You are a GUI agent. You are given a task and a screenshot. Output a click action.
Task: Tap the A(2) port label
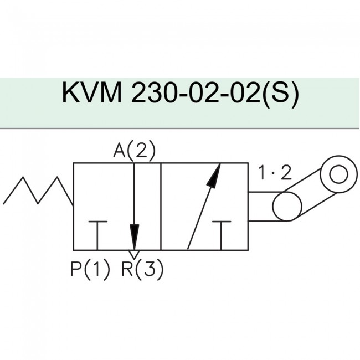click(133, 151)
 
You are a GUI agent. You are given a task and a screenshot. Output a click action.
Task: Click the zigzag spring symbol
click(38, 192)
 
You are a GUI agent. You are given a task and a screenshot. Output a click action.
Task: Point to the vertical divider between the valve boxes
click(160, 207)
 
